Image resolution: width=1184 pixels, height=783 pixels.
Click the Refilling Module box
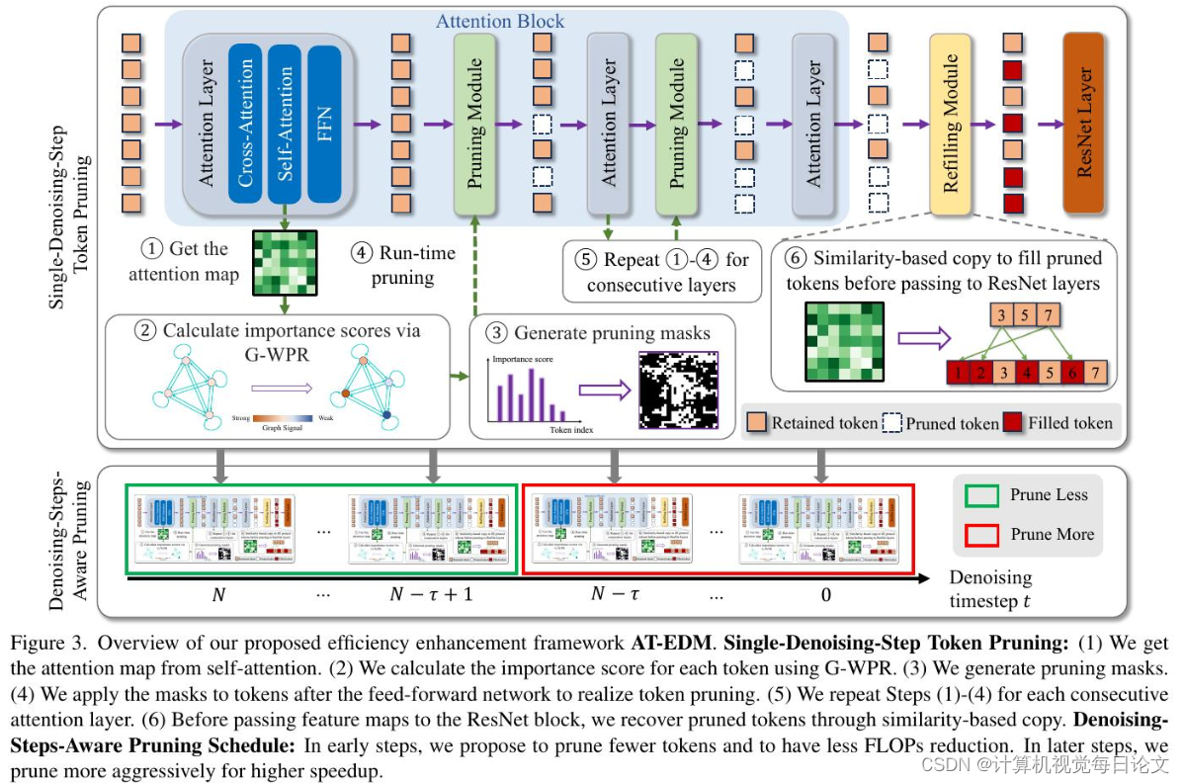(951, 123)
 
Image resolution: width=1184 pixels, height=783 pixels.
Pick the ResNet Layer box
(1083, 123)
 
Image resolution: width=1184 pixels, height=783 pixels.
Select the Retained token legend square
(756, 422)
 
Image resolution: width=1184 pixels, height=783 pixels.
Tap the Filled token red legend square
(1013, 422)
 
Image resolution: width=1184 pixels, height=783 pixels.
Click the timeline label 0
(825, 594)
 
